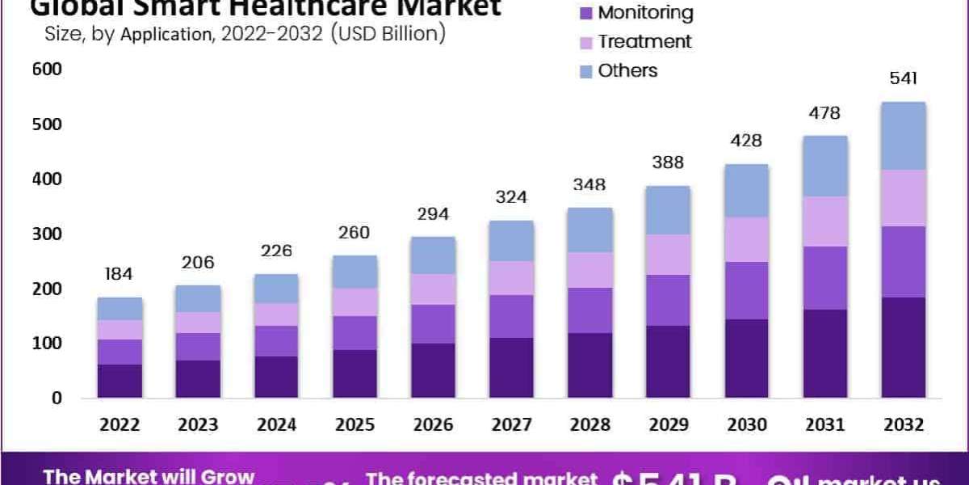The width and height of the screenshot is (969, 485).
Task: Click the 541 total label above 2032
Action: (903, 79)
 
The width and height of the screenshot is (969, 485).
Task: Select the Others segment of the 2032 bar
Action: (903, 136)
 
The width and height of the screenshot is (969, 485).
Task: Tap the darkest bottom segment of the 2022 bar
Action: (120, 382)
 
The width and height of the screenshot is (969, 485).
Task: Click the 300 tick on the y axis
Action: (47, 234)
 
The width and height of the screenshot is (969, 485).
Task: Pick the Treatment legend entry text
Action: (644, 41)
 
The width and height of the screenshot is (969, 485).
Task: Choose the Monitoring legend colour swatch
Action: (586, 14)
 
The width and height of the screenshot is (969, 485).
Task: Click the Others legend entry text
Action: (627, 70)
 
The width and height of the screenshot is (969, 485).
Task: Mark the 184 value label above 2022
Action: (120, 274)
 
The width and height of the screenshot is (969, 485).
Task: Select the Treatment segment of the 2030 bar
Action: (746, 239)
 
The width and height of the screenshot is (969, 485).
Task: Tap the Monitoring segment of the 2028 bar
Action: (589, 310)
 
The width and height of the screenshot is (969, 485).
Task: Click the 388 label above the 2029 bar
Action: (668, 162)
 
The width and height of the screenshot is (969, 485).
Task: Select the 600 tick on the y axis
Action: (47, 70)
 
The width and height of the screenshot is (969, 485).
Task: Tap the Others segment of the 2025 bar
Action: (354, 272)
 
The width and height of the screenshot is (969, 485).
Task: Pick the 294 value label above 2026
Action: (433, 214)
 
